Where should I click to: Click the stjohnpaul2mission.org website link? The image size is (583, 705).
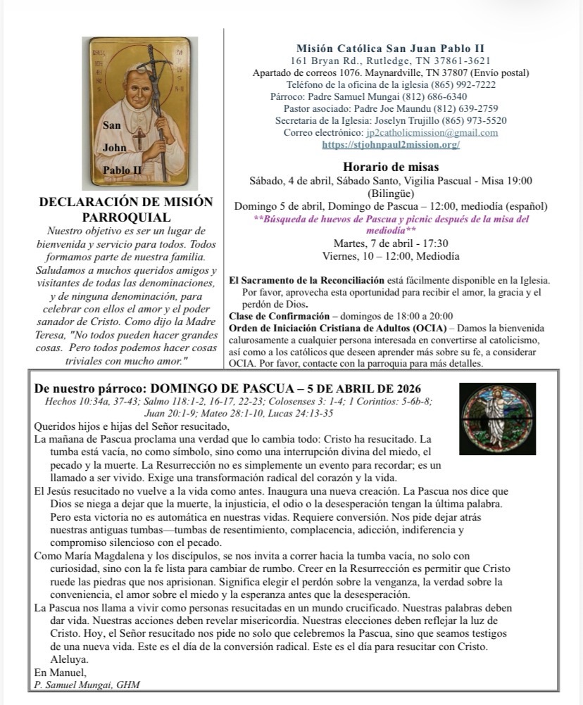click(x=391, y=145)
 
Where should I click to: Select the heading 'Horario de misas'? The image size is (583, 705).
click(x=391, y=167)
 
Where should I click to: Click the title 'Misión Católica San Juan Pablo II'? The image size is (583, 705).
click(x=390, y=49)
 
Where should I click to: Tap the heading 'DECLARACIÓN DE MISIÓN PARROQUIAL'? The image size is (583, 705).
click(x=126, y=210)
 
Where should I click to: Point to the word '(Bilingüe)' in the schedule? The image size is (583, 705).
click(x=391, y=193)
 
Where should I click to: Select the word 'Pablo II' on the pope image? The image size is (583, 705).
click(x=123, y=170)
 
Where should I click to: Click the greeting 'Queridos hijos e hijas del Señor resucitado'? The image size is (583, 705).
click(x=133, y=426)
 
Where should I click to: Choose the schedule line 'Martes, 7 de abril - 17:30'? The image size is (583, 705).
click(x=391, y=243)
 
